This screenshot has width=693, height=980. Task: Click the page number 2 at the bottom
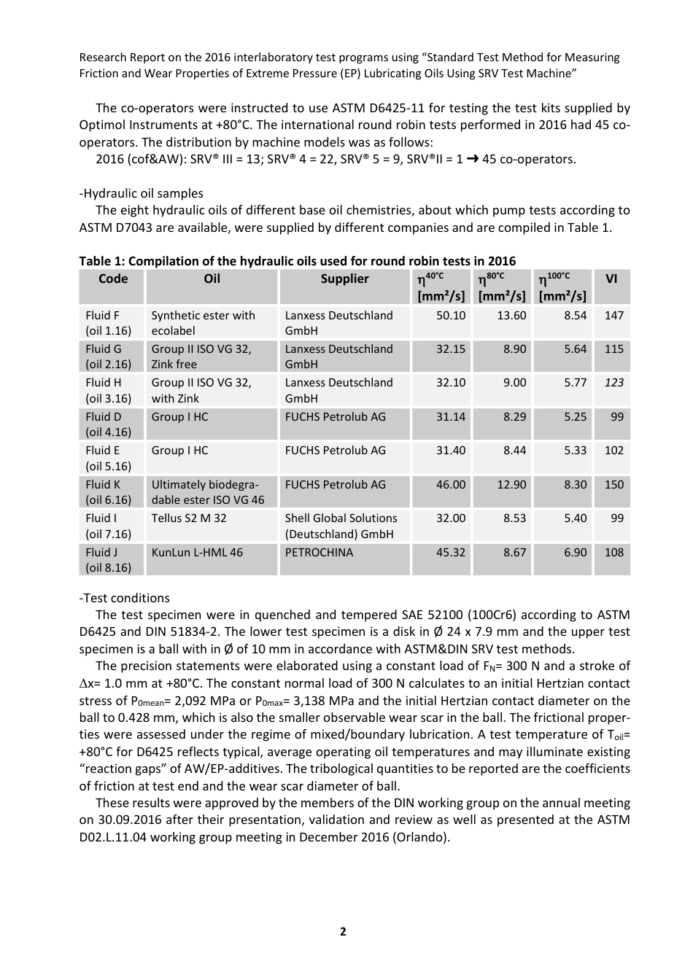[x=343, y=931]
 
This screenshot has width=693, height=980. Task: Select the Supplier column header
[x=344, y=279]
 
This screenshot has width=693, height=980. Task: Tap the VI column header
[x=611, y=279]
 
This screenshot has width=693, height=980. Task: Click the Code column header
[x=113, y=279]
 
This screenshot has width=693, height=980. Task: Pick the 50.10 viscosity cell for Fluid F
[x=451, y=316]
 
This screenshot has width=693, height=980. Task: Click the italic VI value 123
[x=613, y=383]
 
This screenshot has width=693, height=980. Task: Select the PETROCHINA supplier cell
[x=319, y=553]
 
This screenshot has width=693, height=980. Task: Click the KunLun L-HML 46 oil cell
[x=197, y=553]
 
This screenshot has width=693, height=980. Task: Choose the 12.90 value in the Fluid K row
[x=511, y=485]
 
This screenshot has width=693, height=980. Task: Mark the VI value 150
[x=613, y=485]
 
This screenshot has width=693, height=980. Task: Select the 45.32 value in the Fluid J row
[x=451, y=553]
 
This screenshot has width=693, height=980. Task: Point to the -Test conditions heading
[x=125, y=598]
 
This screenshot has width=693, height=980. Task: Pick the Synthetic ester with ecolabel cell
[x=203, y=323]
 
